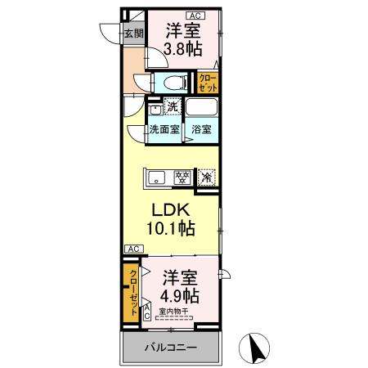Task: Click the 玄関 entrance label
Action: pyautogui.click(x=134, y=34)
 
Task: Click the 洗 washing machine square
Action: pyautogui.click(x=172, y=105)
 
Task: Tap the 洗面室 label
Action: pyautogui.click(x=164, y=129)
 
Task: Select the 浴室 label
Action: pyautogui.click(x=202, y=129)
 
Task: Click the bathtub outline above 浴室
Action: pyautogui.click(x=202, y=107)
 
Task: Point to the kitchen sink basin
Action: pyautogui.click(x=158, y=175)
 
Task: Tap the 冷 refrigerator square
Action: pyautogui.click(x=207, y=176)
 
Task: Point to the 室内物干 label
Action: pyautogui.click(x=174, y=312)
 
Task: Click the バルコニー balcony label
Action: pyautogui.click(x=171, y=347)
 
